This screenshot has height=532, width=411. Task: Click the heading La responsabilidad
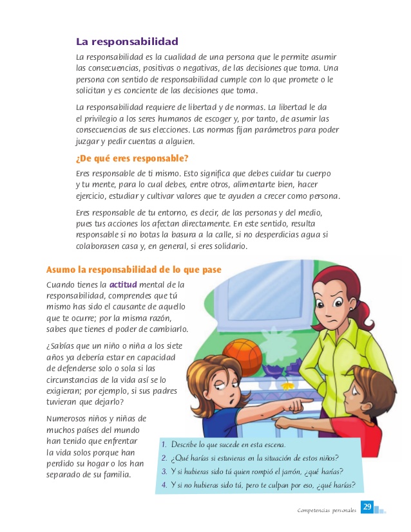127,42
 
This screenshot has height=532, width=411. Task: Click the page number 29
367,508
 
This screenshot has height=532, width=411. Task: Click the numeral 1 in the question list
164,445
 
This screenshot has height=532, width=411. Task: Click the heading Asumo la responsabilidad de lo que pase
134,269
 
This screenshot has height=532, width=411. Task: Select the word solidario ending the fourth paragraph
226,246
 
